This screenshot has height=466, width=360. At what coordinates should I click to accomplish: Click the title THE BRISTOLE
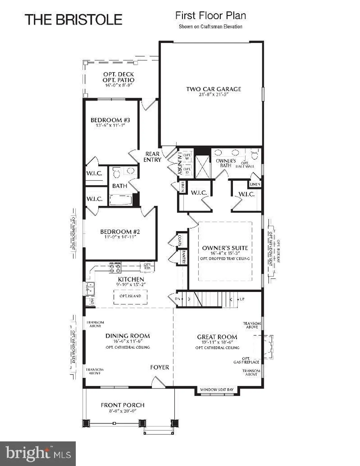(x=73, y=20)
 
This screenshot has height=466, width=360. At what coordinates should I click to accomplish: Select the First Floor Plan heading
(x=211, y=16)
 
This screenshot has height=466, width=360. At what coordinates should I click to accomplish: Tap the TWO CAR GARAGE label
(x=214, y=89)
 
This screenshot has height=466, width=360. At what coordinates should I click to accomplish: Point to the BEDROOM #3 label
(x=110, y=120)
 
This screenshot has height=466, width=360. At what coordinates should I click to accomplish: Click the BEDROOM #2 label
(x=120, y=231)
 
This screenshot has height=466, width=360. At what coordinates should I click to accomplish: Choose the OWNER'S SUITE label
(x=225, y=248)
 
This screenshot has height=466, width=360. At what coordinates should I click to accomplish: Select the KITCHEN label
(x=131, y=279)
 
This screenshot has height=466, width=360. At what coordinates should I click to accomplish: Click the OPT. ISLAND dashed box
(x=130, y=296)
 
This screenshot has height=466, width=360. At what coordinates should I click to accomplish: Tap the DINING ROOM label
(x=128, y=336)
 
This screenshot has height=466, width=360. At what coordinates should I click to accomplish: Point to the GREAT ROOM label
(x=217, y=337)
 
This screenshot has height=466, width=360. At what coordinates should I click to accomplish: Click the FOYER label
(x=160, y=367)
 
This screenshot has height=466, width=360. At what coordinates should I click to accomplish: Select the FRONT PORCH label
(x=123, y=405)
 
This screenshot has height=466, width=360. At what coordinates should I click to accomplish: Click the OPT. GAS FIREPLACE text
(x=246, y=360)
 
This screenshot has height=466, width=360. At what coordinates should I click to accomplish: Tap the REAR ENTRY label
(x=152, y=157)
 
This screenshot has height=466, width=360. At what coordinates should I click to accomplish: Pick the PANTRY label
(x=184, y=257)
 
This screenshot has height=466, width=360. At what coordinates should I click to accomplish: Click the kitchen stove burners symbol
(x=115, y=267)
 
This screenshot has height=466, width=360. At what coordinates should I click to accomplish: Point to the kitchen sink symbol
(x=90, y=289)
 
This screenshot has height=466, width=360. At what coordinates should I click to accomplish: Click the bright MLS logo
(x=38, y=454)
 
